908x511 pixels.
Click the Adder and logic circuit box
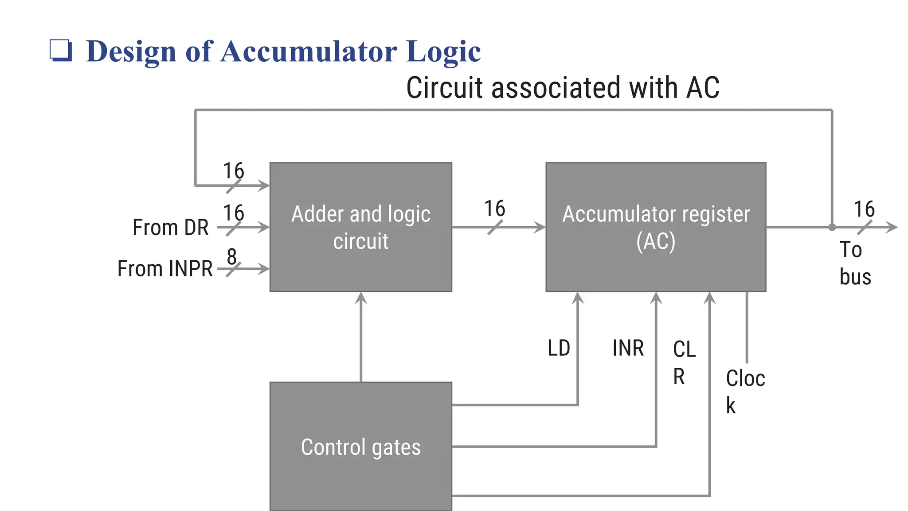point(360,227)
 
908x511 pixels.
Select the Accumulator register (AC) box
point(655,227)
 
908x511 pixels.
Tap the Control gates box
point(360,446)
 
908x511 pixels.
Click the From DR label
point(171,228)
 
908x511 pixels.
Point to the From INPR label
point(165,269)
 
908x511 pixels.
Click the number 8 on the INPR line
point(232,256)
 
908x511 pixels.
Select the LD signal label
point(559,348)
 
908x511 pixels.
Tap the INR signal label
point(628,348)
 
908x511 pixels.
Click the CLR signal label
point(684,362)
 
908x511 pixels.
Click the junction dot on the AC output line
point(832,227)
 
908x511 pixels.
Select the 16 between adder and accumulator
point(494,208)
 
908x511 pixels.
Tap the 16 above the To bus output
point(864,209)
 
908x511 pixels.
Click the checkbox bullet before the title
point(60,50)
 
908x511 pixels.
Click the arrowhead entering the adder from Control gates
point(361,298)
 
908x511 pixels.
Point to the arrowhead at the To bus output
point(892,227)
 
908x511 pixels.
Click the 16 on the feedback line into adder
point(234,171)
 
